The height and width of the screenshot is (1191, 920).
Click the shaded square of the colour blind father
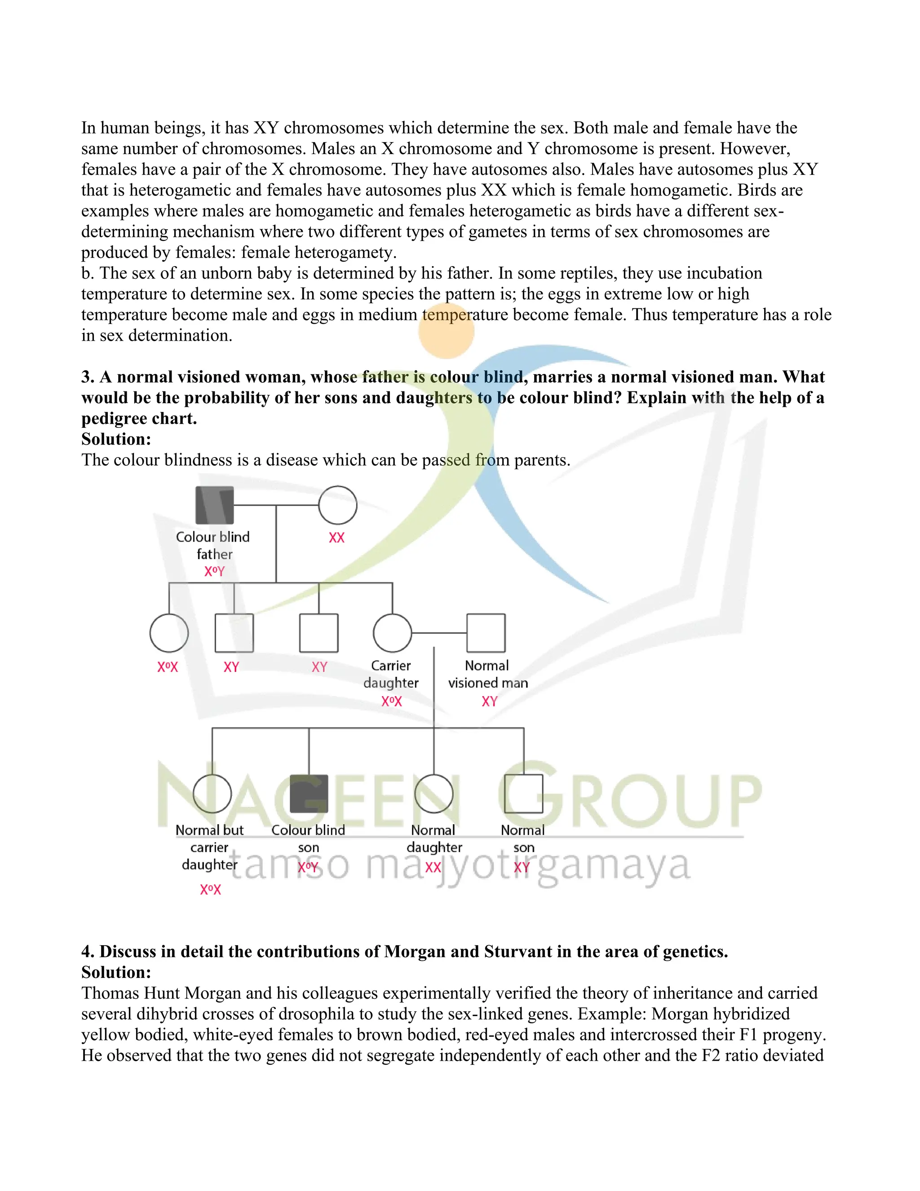tap(215, 505)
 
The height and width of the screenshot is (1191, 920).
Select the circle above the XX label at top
tap(337, 505)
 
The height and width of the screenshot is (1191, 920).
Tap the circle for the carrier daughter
tap(392, 633)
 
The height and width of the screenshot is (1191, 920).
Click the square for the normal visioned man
tap(486, 633)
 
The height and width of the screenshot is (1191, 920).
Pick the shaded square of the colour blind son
tap(309, 793)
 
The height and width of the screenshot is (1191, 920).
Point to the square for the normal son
tap(524, 793)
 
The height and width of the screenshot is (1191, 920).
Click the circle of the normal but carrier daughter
tap(212, 793)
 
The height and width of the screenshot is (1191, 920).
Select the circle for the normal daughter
tap(434, 793)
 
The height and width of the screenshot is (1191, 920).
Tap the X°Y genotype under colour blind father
tap(214, 572)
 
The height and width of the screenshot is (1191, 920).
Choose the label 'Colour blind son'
tap(309, 838)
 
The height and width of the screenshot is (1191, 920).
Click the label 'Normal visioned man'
tap(488, 674)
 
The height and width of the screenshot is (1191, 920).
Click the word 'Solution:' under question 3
tap(116, 439)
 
